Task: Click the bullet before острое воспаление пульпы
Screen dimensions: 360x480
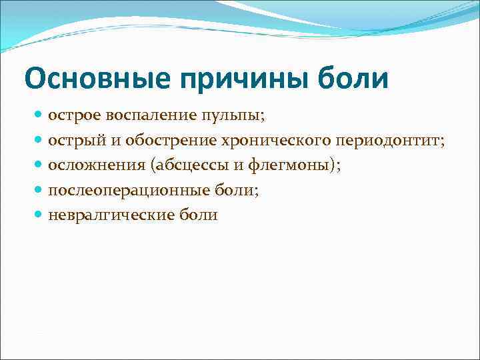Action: click(x=40, y=115)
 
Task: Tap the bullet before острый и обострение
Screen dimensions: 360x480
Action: click(x=40, y=140)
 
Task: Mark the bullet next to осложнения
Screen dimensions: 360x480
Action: click(x=40, y=165)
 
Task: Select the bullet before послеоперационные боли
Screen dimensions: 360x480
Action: click(x=40, y=191)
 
